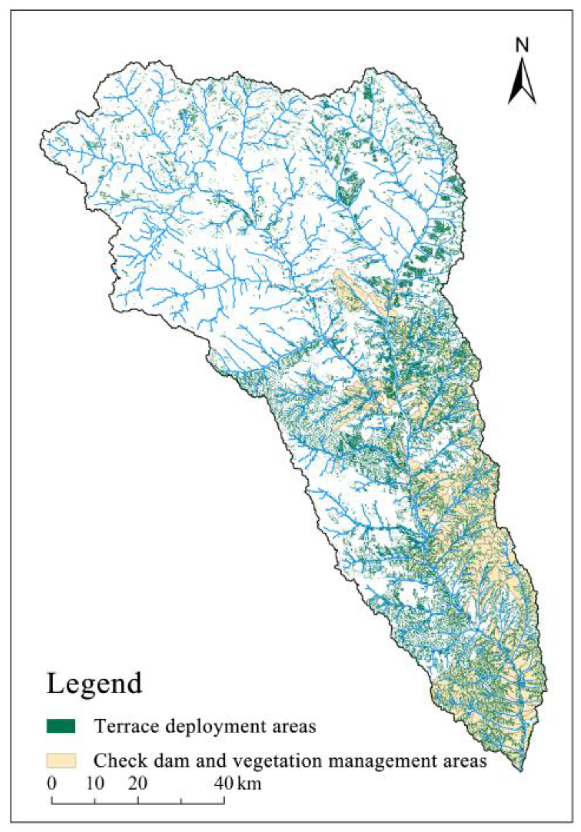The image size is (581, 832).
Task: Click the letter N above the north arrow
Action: (x=522, y=46)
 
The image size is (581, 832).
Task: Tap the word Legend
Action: (x=94, y=683)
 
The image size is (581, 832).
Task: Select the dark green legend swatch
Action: (x=61, y=726)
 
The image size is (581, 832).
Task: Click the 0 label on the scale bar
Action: (x=52, y=783)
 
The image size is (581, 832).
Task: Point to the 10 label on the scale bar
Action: (x=95, y=783)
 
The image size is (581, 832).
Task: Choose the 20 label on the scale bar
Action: (x=138, y=783)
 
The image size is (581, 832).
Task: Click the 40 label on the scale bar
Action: (x=224, y=783)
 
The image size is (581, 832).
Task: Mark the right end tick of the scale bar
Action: (x=224, y=801)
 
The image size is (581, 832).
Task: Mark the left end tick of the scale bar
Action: (x=52, y=801)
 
